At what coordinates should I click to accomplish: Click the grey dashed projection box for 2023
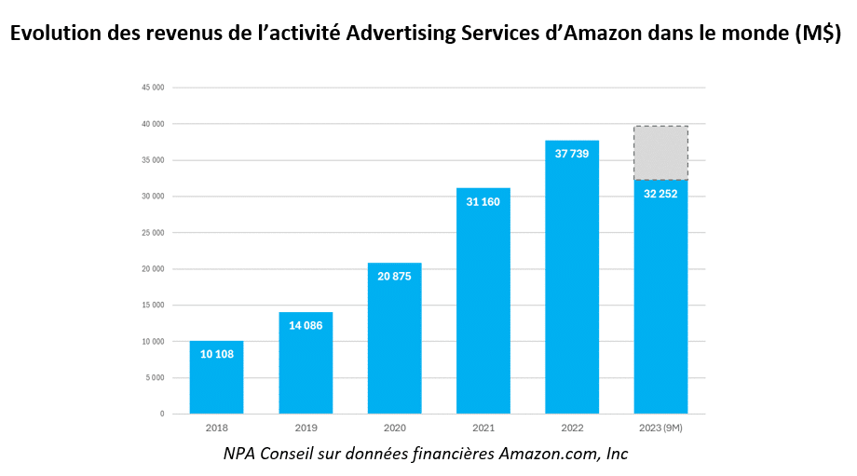pos(661,153)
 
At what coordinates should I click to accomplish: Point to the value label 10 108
pos(216,354)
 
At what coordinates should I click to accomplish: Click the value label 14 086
pos(306,325)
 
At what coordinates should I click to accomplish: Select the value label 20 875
pos(394,276)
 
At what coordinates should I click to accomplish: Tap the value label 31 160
pos(483,201)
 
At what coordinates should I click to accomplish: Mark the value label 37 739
pos(572,154)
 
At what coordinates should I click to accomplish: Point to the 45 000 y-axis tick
pos(152,88)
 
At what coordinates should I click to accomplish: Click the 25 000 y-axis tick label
pos(152,233)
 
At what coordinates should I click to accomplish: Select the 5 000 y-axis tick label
pos(154,377)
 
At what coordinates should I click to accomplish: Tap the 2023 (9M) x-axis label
pos(661,429)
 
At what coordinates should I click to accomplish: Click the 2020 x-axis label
pos(394,429)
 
